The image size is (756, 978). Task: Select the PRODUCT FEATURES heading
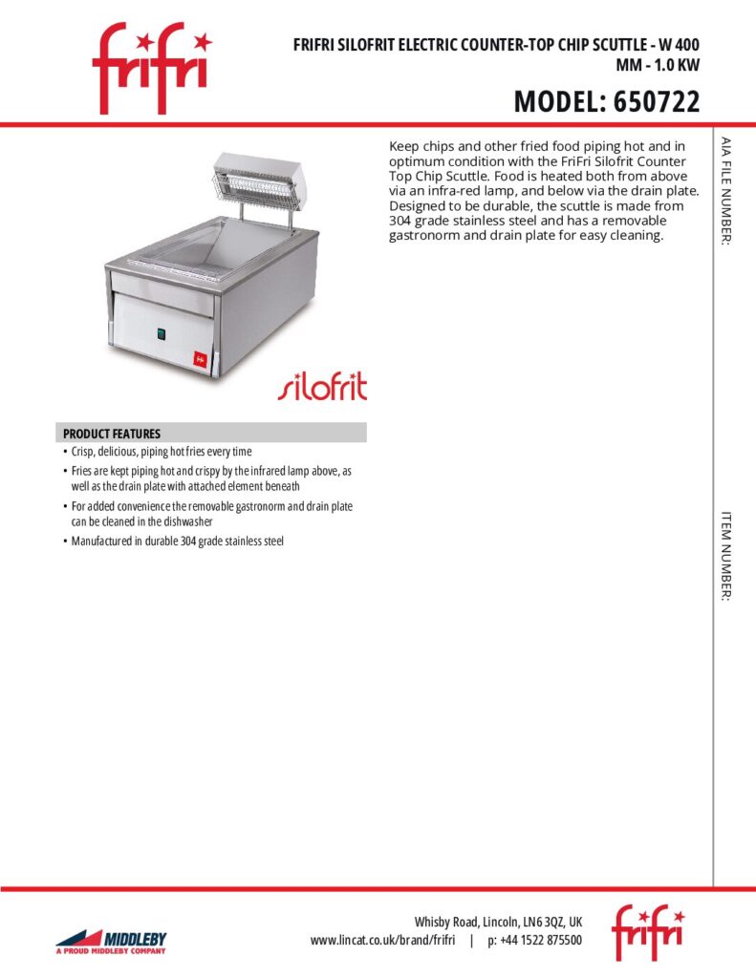click(112, 434)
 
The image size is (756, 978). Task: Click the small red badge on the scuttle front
click(201, 358)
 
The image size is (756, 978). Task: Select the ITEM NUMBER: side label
click(726, 556)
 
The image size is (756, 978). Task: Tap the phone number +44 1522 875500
click(535, 941)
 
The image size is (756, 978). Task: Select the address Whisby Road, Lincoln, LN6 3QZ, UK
click(497, 923)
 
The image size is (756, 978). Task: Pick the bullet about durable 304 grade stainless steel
click(178, 542)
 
